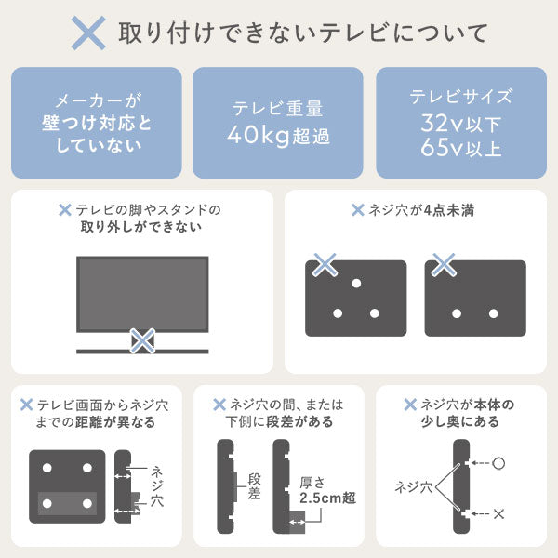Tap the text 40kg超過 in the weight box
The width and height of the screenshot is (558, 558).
[x=279, y=137]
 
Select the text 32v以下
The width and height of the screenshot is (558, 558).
[x=461, y=122]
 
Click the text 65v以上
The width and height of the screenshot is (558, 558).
[x=461, y=147]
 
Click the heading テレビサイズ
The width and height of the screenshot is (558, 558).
[x=461, y=96]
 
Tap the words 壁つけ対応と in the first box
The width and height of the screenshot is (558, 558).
[x=97, y=123]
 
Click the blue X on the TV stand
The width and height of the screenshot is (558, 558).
[x=141, y=340]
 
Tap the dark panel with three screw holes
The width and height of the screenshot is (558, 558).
[x=356, y=298]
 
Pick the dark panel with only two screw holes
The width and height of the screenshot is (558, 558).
[x=475, y=298]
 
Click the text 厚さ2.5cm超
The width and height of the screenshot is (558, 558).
[x=320, y=490]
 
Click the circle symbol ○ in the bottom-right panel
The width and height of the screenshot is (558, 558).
[x=499, y=462]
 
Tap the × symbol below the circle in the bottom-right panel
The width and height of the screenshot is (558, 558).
[x=500, y=512]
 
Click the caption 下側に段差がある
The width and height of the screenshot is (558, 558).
[x=279, y=422]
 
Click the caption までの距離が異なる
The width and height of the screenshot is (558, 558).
[x=96, y=422]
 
